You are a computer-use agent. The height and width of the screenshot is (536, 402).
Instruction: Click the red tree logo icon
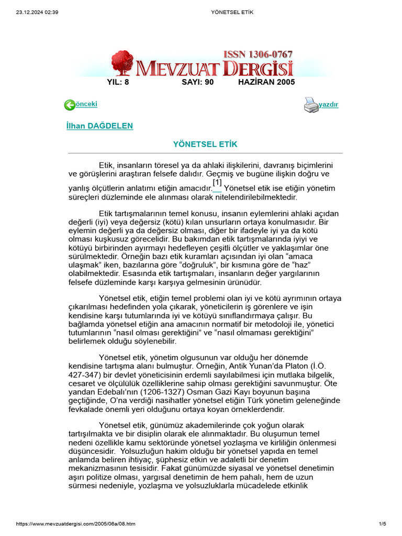[x=122, y=63]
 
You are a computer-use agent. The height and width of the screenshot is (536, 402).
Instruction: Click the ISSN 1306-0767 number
[x=258, y=54]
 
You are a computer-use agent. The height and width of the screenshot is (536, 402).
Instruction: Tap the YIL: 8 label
[x=118, y=82]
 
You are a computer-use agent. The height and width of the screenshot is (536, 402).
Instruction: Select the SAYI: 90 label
[x=198, y=82]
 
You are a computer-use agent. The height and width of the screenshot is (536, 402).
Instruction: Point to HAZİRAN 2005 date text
[x=266, y=82]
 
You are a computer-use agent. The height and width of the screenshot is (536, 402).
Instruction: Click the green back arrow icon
[x=70, y=105]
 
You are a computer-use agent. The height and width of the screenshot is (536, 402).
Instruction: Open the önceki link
[x=87, y=104]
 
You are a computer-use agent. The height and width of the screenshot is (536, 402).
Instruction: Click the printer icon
[x=311, y=105]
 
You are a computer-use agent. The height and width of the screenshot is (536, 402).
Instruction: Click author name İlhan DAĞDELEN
[x=100, y=126]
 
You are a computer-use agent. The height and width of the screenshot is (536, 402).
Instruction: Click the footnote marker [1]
[x=217, y=183]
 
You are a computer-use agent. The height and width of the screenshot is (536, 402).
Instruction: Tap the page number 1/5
[x=382, y=524]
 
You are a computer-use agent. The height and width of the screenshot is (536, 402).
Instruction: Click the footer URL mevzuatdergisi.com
[x=76, y=524]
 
